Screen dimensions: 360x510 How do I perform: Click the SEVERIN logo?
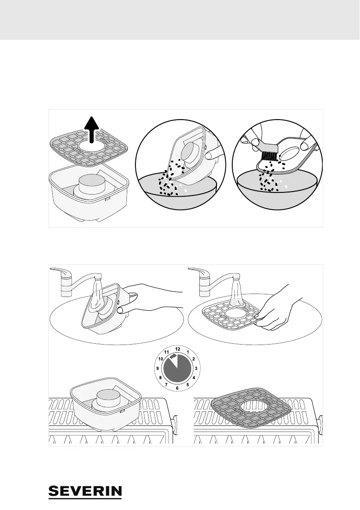pos(85,491)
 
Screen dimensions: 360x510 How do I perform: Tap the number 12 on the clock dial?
pos(177,349)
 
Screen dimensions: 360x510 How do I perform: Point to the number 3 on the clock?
pos(196,368)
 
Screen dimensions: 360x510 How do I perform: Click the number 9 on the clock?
pos(158,368)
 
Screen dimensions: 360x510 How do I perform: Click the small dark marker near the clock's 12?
pos(173,356)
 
